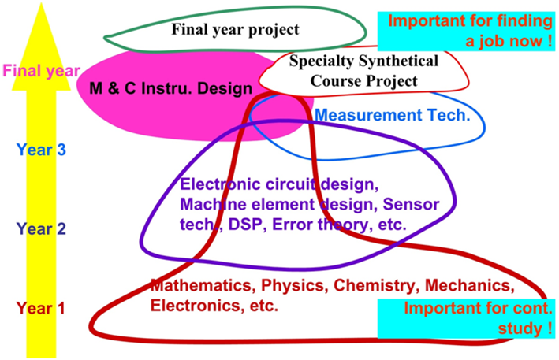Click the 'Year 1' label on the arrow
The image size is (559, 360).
[41, 308]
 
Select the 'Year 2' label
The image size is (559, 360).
[41, 228]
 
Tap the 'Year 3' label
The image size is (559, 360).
[41, 150]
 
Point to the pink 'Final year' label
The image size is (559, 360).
[41, 71]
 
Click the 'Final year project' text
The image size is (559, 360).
[235, 30]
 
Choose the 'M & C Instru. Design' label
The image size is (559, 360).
[171, 88]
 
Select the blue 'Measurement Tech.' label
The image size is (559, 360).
[393, 115]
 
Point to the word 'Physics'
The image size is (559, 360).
[295, 286]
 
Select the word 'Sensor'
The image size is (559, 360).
[411, 204]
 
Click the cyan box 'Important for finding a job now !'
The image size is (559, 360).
[466, 31]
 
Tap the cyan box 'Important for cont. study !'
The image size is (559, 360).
[466, 318]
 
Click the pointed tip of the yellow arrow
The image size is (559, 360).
[41, 3]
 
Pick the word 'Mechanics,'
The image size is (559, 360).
[470, 286]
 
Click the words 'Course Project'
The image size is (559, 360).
[363, 81]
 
